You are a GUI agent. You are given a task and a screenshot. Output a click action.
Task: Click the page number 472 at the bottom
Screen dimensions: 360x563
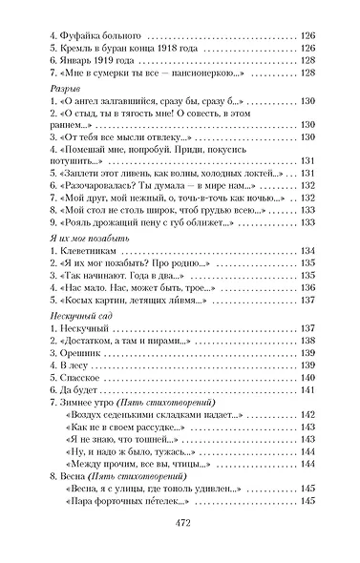180,522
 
